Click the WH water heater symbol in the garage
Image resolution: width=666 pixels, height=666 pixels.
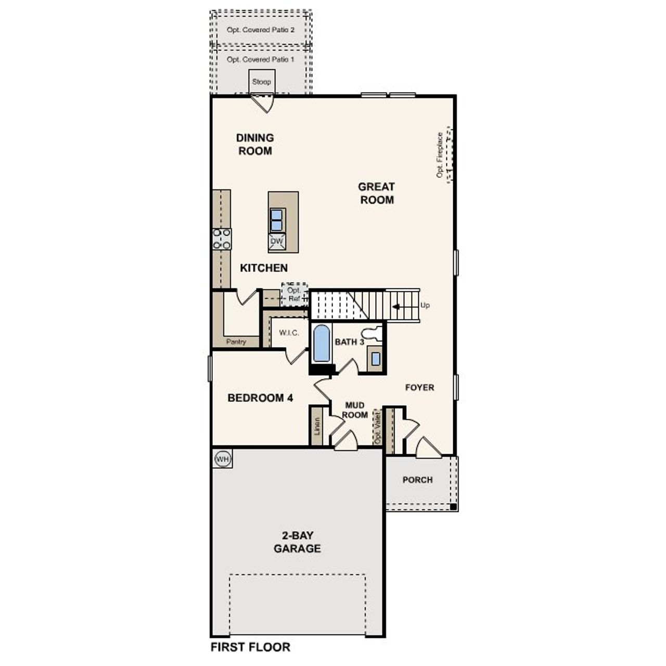coord(222,459)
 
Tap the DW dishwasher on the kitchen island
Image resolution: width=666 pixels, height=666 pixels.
coord(277,241)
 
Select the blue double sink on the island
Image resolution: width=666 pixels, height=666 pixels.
coord(277,219)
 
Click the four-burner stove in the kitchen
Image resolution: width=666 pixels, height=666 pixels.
coord(222,239)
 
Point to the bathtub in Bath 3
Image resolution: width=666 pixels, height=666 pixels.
coord(322,343)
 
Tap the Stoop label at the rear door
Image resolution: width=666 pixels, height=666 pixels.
coord(261,82)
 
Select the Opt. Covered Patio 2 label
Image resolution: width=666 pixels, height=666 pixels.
coord(261,30)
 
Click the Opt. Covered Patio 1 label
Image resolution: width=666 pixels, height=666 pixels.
coord(261,60)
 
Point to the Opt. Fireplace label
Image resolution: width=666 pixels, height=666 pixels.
coord(440,155)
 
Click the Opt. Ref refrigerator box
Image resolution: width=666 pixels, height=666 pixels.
coord(294,295)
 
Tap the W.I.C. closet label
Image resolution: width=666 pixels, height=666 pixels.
coord(289,333)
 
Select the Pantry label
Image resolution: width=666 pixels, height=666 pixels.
coord(236,342)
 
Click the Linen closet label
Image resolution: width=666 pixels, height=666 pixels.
coord(317,426)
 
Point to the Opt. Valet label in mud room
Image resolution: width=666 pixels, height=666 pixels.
coord(378,427)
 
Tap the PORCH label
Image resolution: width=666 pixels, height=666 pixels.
coord(417,480)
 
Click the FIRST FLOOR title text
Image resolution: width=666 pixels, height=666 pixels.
coord(250,647)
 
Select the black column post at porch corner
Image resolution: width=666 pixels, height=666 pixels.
coord(453,506)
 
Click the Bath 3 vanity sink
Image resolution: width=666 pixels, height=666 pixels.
coord(375,358)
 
